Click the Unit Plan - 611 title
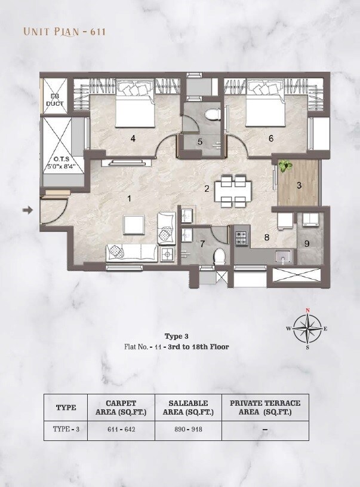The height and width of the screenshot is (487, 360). click(64, 31)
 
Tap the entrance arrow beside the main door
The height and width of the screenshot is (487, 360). click(27, 210)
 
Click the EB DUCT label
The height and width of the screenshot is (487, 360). click(54, 100)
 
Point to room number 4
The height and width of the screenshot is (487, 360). click(133, 139)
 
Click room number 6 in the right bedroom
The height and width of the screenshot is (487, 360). click(270, 139)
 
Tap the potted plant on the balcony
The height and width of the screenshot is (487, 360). click(287, 166)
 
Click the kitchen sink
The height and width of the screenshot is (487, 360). click(282, 256)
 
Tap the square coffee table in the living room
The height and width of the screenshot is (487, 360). click(134, 225)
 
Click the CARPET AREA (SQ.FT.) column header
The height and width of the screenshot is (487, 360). click(121, 408)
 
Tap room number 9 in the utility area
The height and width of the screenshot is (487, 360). click(307, 243)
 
